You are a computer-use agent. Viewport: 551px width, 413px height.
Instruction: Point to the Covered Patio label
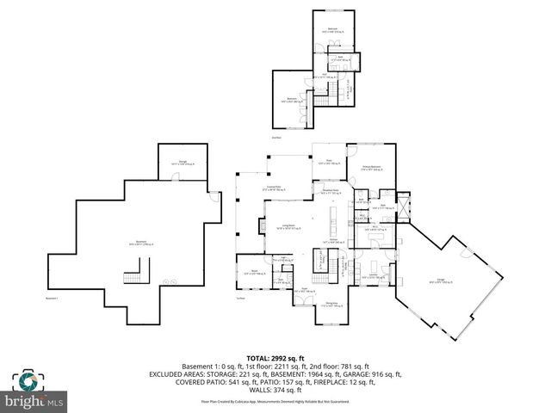pyautogui.click(x=274, y=190)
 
